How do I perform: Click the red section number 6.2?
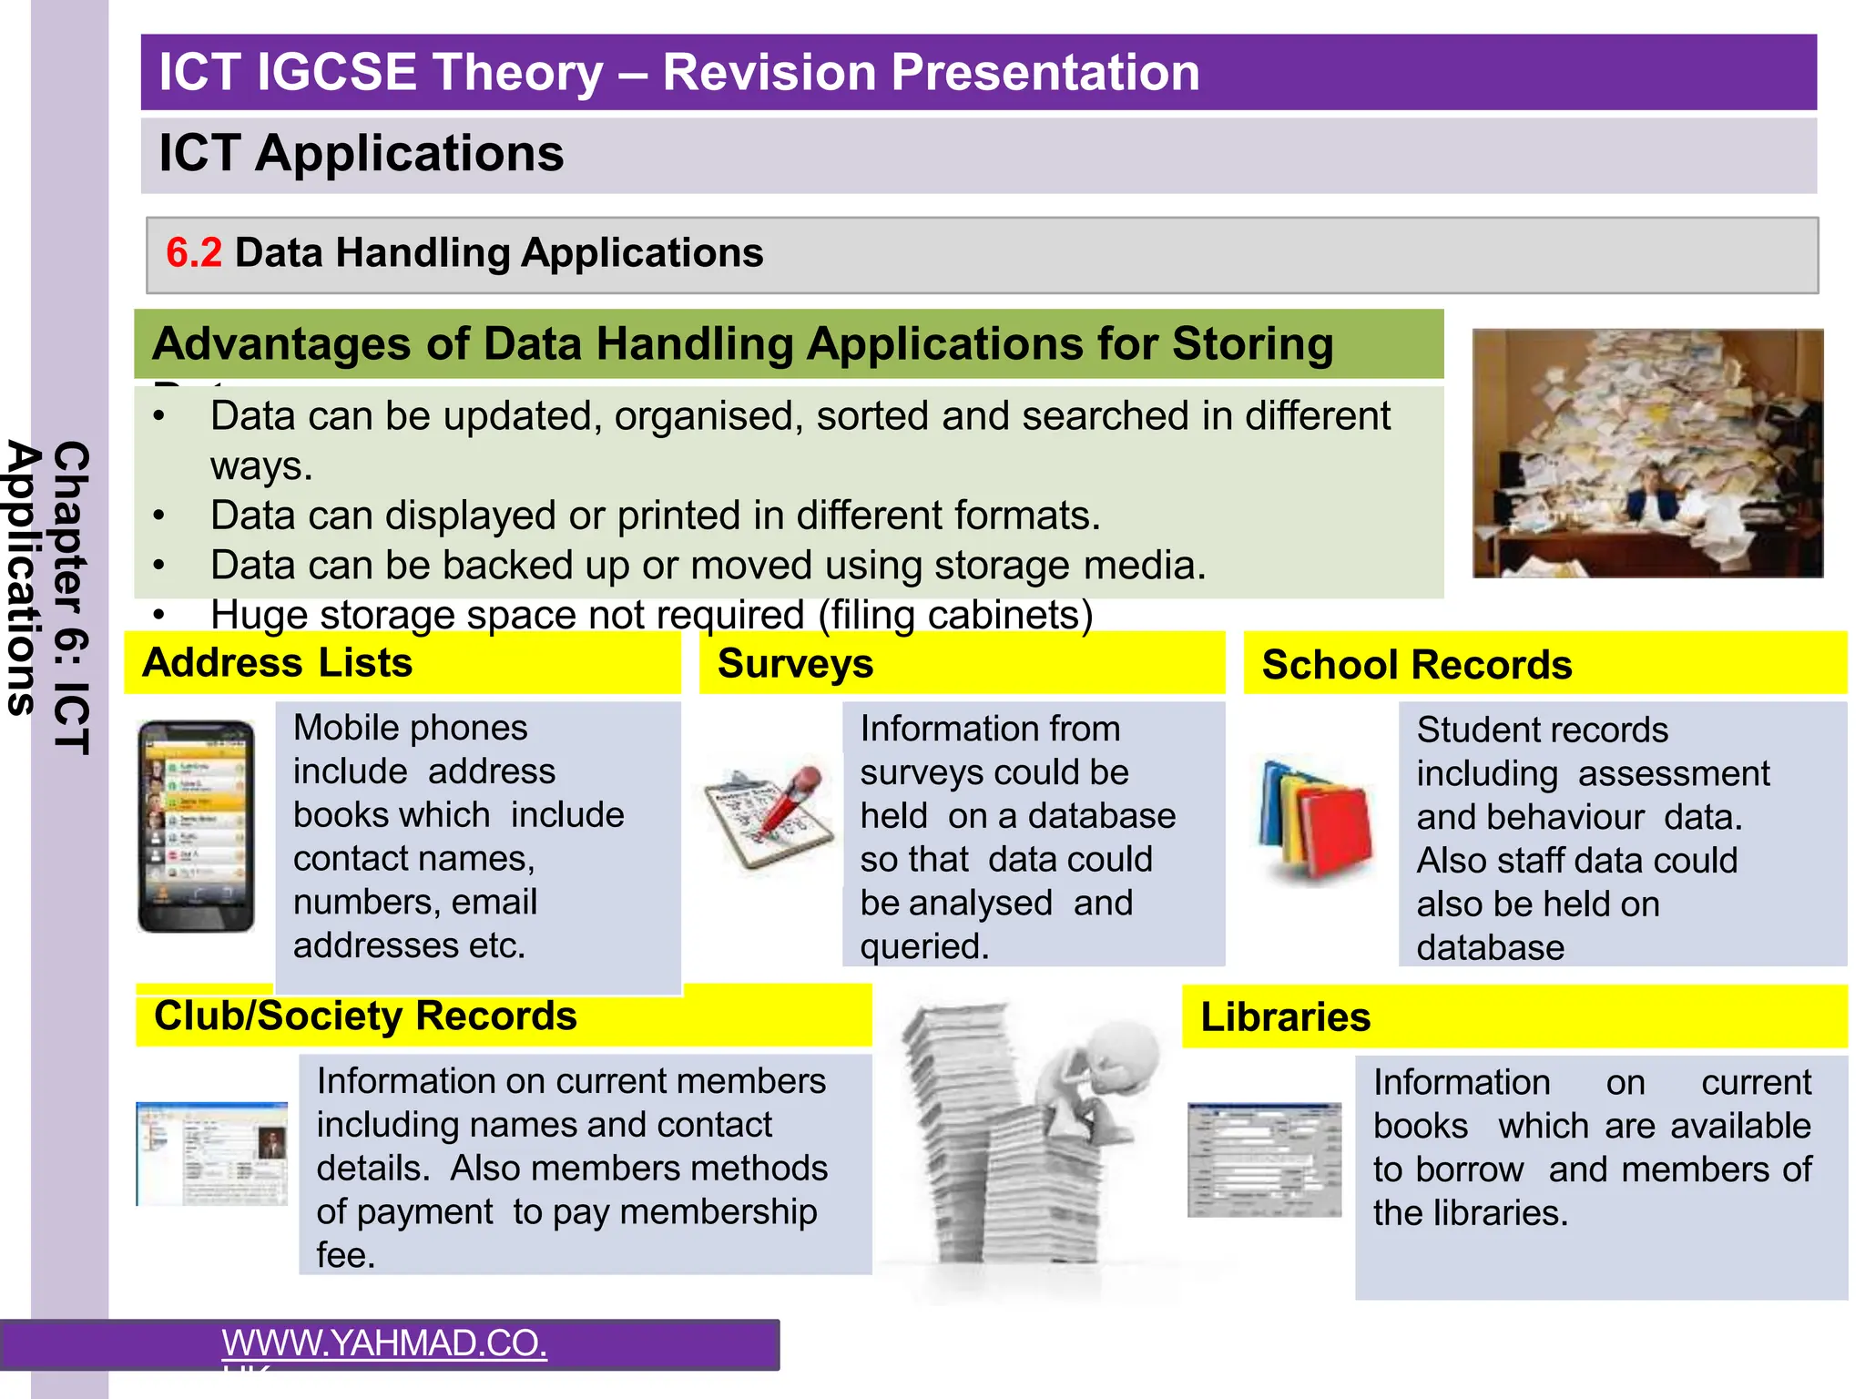tap(193, 253)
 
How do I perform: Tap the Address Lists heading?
tap(277, 663)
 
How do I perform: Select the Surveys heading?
tap(795, 664)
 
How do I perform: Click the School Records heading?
tap(1416, 666)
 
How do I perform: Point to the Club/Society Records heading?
tap(365, 1016)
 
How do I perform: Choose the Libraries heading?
tap(1284, 1017)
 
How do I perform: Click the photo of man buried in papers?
tap(1646, 454)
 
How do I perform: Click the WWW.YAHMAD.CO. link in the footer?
tap(384, 1343)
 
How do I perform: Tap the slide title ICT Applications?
tap(361, 154)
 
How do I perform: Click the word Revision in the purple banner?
tap(769, 73)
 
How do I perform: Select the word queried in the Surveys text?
tap(923, 947)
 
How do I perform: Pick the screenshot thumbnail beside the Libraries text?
tap(1264, 1159)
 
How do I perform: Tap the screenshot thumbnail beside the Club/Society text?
tap(212, 1153)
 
